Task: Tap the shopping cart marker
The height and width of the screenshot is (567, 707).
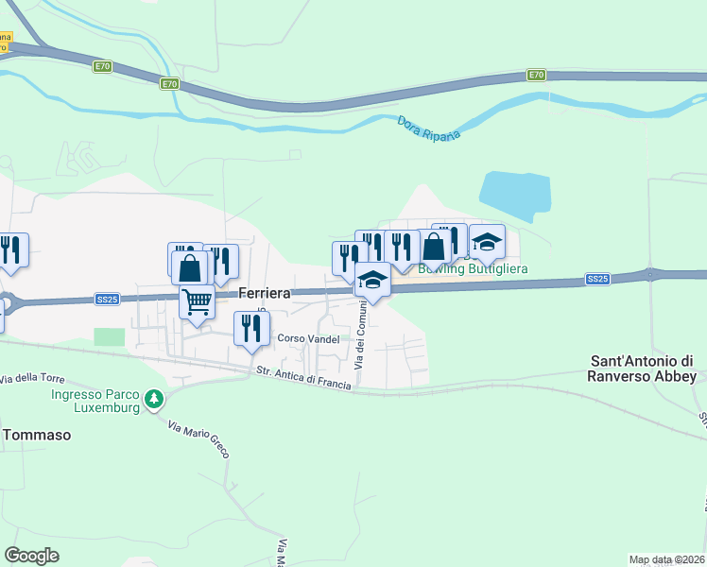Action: click(198, 302)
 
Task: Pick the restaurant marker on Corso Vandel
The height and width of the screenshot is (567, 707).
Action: click(251, 328)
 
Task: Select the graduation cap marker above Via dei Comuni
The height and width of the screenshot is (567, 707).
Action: click(372, 279)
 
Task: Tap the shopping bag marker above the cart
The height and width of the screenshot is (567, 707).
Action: click(190, 267)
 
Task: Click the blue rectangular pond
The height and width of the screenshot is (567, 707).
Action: click(514, 196)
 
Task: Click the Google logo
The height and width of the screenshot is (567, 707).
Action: click(32, 556)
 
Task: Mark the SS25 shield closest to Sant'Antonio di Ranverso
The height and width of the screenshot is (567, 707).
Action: click(597, 279)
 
